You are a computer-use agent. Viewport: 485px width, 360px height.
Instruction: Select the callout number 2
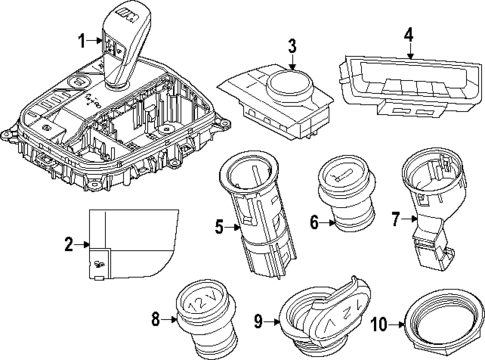pyautogui.click(x=68, y=243)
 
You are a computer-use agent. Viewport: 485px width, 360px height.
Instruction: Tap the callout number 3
pyautogui.click(x=291, y=45)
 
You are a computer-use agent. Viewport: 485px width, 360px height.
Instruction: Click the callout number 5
pyautogui.click(x=220, y=226)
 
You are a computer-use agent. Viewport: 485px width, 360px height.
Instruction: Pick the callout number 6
pyautogui.click(x=313, y=223)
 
